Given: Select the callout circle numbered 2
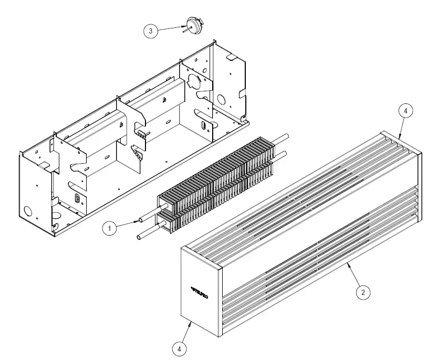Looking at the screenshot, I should (x=361, y=292).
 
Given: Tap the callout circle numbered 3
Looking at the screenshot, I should (x=151, y=31).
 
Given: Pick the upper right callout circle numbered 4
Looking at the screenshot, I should (x=405, y=111).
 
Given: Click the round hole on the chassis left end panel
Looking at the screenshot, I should (x=28, y=211).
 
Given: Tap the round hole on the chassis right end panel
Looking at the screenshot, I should (x=221, y=99).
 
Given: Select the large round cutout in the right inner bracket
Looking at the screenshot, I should (x=191, y=81).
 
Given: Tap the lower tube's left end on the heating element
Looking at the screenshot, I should (x=139, y=238).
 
